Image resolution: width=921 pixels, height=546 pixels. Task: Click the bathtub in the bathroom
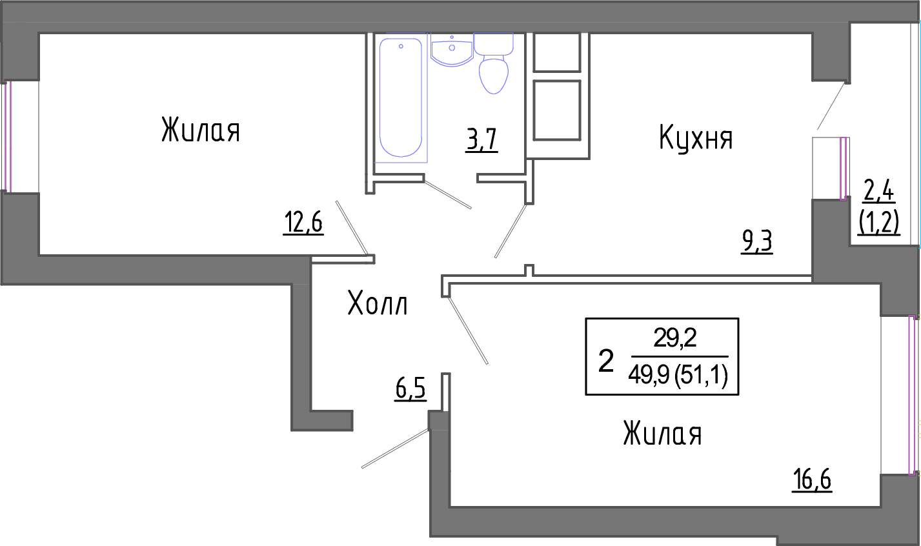[400, 98]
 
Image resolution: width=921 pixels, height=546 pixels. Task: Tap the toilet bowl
[494, 76]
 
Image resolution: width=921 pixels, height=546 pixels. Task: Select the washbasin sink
[451, 50]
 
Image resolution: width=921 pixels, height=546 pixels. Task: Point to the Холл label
[378, 303]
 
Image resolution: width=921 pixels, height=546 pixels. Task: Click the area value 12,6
[303, 222]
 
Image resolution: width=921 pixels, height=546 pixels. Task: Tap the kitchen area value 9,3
[757, 242]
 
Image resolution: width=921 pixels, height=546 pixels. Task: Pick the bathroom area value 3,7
[482, 140]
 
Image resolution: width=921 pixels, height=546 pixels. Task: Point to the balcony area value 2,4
[878, 192]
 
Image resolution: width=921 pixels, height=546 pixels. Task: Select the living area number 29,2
[675, 338]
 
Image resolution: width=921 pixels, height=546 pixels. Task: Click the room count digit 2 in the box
[605, 361]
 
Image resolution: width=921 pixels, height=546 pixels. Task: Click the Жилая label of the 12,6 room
[201, 130]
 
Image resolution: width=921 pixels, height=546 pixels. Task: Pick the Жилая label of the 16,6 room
[662, 433]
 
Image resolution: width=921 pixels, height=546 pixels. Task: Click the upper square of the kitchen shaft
[557, 52]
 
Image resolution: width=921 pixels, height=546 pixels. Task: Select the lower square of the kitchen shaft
[557, 110]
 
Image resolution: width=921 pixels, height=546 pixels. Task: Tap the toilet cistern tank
[493, 44]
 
